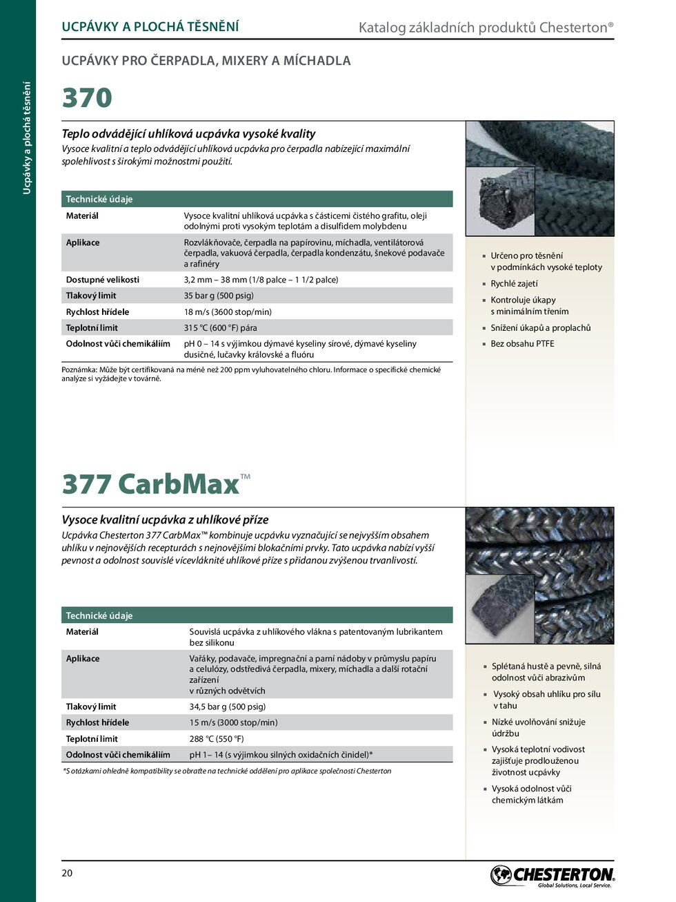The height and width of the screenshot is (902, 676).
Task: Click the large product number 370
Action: point(87,98)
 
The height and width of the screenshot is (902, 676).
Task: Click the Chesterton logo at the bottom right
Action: point(552,876)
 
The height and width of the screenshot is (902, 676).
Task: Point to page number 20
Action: point(67,873)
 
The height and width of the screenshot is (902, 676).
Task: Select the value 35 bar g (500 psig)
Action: point(219,296)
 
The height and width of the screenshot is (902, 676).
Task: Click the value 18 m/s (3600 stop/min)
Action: point(228,311)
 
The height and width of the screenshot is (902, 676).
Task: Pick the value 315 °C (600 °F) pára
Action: point(220,327)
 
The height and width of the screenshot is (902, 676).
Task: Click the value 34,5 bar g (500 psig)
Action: point(228,707)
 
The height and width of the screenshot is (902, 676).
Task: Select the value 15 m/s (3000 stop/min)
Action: point(233,722)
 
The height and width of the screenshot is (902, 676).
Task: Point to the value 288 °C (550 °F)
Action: point(217,738)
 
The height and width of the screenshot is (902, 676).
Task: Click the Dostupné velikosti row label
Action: point(102,280)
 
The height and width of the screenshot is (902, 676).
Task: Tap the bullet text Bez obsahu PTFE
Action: point(522,343)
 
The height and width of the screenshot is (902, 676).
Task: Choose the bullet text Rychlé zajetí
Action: point(514,283)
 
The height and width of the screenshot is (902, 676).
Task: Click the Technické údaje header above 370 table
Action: point(99,199)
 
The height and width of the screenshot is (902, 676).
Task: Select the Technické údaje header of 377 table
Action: point(99,615)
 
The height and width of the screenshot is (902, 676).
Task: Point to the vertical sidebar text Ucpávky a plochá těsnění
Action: point(27,137)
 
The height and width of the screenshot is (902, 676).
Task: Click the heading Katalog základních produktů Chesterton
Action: point(486,28)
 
